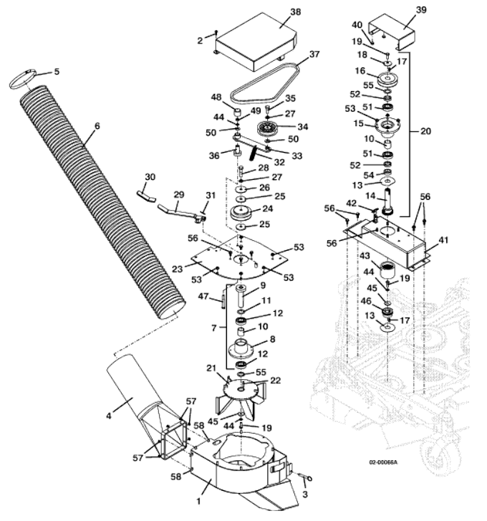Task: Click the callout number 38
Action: click(x=296, y=12)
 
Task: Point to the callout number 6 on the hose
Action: click(x=97, y=126)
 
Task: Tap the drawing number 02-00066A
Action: click(x=383, y=462)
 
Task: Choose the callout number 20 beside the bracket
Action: click(x=425, y=132)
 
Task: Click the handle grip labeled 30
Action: click(x=146, y=196)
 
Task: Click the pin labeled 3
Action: click(x=306, y=477)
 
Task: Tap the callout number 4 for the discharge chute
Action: click(x=109, y=416)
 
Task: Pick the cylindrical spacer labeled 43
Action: click(x=387, y=269)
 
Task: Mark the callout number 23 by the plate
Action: click(x=178, y=268)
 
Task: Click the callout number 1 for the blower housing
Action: click(x=199, y=501)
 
